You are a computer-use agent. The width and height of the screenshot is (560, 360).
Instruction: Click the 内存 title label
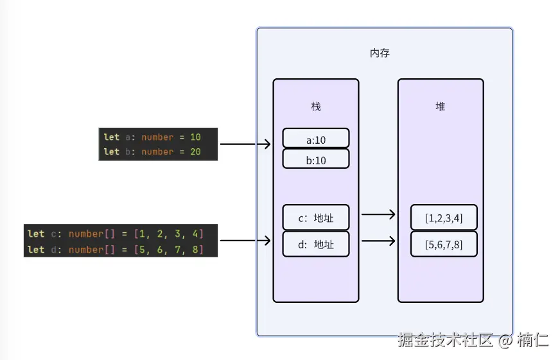380,53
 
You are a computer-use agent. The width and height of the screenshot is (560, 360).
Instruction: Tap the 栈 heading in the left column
315,107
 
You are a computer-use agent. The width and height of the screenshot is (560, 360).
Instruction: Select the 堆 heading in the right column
440,107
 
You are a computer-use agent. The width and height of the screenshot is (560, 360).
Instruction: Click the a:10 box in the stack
315,138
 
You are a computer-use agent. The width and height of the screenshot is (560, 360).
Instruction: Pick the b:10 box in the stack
315,159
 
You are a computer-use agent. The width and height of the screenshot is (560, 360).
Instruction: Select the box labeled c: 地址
315,218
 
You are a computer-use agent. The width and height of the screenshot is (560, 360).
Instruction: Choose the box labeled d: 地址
315,244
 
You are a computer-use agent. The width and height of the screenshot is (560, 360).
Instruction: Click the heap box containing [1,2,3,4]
444,218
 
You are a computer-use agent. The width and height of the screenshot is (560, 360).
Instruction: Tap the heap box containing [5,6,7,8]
444,244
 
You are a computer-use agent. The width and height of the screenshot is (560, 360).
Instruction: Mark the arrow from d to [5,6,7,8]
378,241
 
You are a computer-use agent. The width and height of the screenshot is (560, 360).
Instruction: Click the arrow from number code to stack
245,144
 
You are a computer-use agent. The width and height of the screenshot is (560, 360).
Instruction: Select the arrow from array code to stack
245,241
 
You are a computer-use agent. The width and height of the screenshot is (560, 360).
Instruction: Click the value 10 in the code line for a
195,137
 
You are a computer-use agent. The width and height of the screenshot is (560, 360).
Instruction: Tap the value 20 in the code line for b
195,152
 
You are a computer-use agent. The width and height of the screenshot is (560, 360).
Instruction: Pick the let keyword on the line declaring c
36,234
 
